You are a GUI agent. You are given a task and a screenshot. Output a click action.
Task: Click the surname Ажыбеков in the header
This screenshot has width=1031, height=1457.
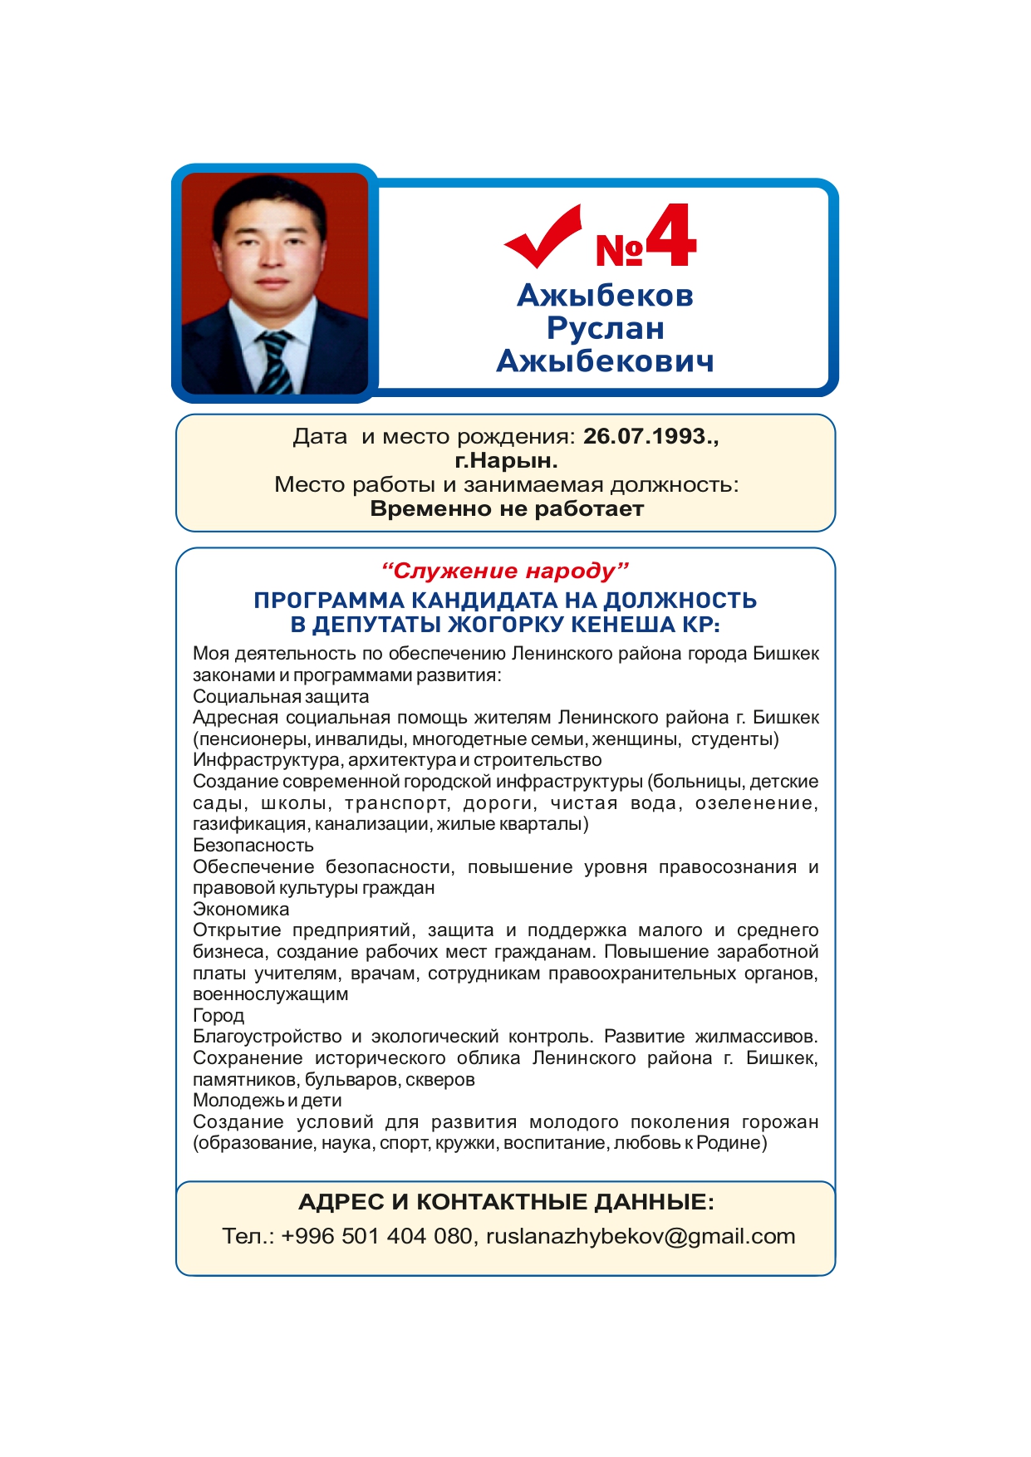coord(605,296)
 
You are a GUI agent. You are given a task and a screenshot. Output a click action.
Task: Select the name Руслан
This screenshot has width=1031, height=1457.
coord(605,328)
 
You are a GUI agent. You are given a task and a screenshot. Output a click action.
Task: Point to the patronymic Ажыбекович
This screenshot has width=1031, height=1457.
coord(605,361)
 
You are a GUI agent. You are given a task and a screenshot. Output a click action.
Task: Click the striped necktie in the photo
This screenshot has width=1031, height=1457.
coord(275,361)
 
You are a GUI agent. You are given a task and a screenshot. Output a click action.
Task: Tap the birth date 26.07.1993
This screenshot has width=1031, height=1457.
coord(648,436)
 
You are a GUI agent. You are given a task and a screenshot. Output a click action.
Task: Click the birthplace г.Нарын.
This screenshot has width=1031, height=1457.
coord(506,460)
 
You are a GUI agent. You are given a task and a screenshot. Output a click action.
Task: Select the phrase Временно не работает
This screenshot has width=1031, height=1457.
coord(507,508)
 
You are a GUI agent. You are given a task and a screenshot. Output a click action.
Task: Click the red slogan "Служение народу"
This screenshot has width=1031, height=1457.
coord(505,571)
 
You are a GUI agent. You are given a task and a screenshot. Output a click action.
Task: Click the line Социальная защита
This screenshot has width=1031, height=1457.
coord(281,696)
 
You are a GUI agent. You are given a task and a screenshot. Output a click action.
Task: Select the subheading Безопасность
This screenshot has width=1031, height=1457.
coord(253,845)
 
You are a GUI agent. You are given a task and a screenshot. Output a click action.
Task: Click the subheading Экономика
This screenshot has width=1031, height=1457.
coord(241,909)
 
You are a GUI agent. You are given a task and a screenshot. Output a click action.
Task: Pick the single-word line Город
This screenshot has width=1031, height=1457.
coord(218,1015)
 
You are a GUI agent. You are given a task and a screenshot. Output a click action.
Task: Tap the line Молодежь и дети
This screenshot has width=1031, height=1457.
coord(268,1101)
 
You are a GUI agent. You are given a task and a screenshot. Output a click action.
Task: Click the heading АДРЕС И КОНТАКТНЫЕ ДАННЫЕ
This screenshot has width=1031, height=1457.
coord(506,1202)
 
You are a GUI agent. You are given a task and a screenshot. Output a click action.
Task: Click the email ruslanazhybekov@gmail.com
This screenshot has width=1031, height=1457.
coord(641,1236)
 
